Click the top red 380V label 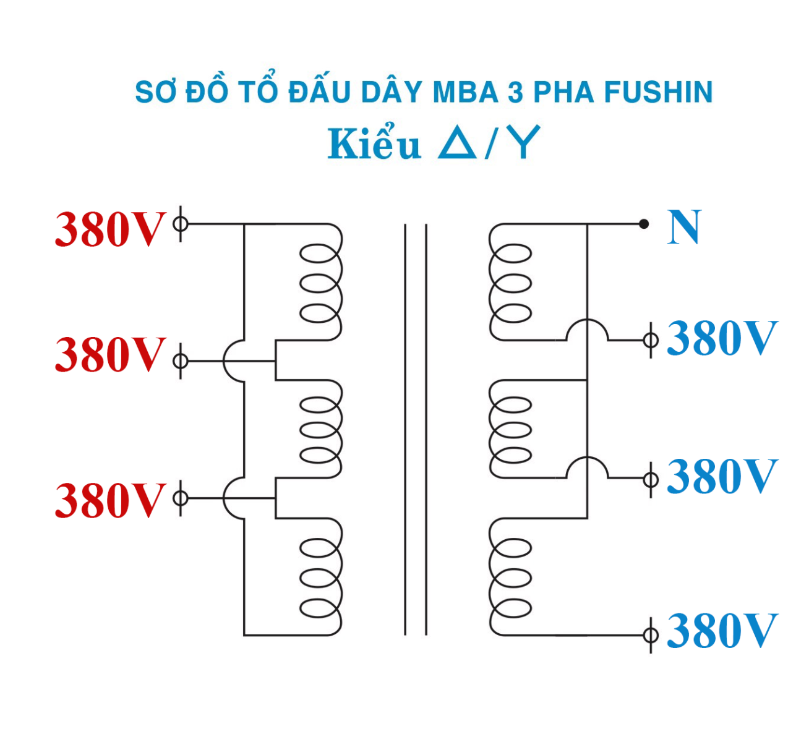pos(110,229)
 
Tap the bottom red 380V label pos(110,500)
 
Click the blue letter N pos(684,228)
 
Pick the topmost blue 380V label pos(721,338)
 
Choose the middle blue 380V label pos(721,477)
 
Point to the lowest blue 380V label pos(721,631)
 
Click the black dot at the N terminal pos(644,224)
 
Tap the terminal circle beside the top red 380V pos(180,223)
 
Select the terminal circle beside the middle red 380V pos(180,360)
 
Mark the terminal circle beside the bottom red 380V pos(180,498)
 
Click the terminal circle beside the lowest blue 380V pos(650,635)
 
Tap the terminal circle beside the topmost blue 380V pos(650,339)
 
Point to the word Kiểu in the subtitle pos(374,144)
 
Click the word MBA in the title pos(466,92)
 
